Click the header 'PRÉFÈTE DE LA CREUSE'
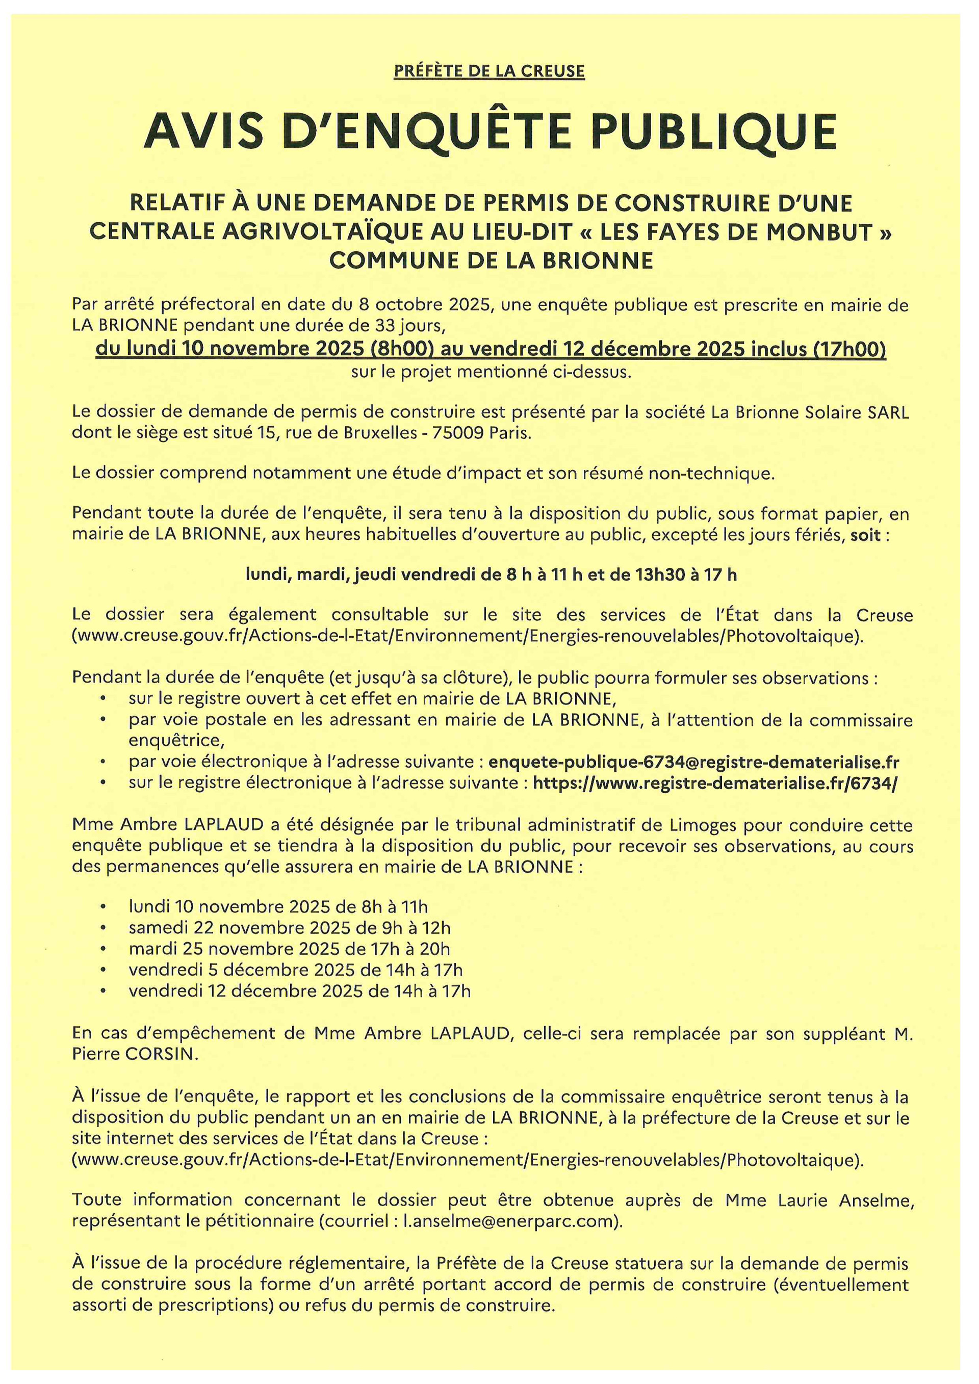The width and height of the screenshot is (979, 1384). pos(489,71)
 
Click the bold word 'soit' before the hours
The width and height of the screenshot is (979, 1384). pos(866,535)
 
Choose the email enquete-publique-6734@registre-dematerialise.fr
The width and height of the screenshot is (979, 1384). pos(693,762)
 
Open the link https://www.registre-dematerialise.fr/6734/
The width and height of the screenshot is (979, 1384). pos(715,783)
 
